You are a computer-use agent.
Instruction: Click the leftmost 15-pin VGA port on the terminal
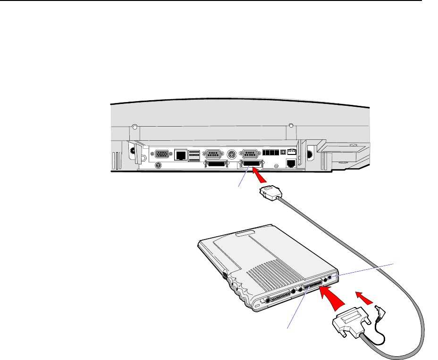pyautogui.click(x=162, y=154)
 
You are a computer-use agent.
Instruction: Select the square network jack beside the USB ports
pyautogui.click(x=180, y=154)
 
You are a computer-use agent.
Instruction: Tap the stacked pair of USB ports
pyautogui.click(x=194, y=154)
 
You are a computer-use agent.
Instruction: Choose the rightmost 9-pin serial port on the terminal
pyautogui.click(x=249, y=154)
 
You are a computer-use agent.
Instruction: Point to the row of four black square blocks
pyautogui.click(x=270, y=154)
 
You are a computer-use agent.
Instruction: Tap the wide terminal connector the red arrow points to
pyautogui.click(x=249, y=164)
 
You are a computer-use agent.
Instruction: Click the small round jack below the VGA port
pyautogui.click(x=159, y=165)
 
